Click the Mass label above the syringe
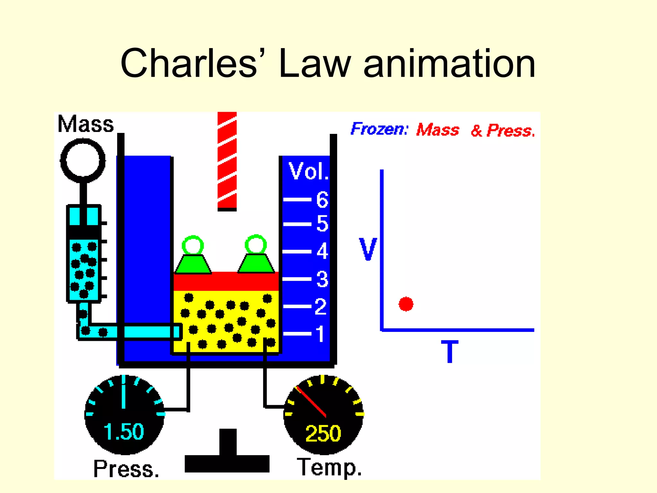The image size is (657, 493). click(x=86, y=124)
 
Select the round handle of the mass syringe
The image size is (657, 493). click(x=83, y=160)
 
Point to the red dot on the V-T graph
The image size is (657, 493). click(x=406, y=304)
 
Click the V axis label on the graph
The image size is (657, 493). click(x=368, y=249)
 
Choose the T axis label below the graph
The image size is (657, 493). click(x=450, y=352)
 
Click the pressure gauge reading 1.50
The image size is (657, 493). click(x=124, y=431)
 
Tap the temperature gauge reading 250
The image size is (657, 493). click(x=323, y=433)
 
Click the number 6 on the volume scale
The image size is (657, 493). click(x=322, y=199)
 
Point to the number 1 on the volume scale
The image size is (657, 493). click(x=320, y=334)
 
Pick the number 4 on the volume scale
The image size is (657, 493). click(x=322, y=251)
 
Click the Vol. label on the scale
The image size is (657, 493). click(x=308, y=171)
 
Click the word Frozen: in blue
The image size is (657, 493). click(x=379, y=129)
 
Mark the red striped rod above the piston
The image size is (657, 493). click(x=227, y=160)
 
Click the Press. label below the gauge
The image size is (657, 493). click(x=126, y=469)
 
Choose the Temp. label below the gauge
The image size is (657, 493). click(x=329, y=467)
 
